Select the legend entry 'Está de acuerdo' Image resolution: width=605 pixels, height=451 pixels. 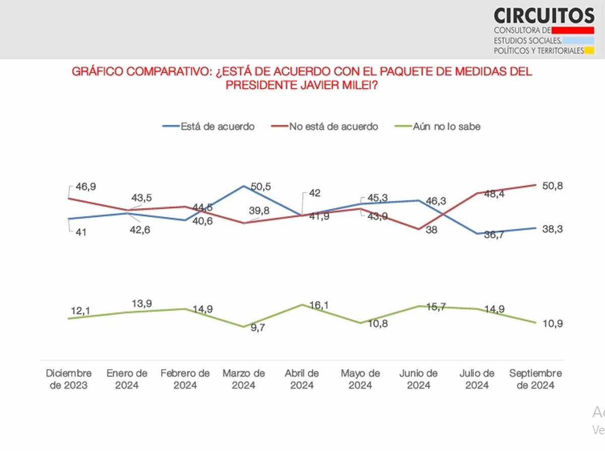pos(217,126)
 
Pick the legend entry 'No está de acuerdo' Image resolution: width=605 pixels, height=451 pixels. pos(333,126)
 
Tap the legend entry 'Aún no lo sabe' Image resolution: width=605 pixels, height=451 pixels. pos(446,126)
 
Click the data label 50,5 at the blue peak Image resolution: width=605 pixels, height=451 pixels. pos(261,187)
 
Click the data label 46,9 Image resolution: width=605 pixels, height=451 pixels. pos(86,187)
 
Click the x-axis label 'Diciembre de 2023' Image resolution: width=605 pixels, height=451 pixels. pos(69,379)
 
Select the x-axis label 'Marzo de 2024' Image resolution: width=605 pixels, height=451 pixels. pos(244,379)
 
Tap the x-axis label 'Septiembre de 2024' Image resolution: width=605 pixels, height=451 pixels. pos(535,379)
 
